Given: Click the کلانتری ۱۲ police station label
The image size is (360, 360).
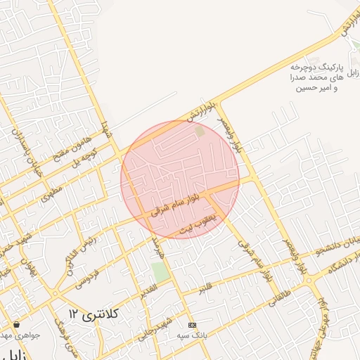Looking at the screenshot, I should pyautogui.click(x=91, y=312).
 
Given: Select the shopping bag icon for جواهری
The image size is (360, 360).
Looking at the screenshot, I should pyautogui.click(x=16, y=325).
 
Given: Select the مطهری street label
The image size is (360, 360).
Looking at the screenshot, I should pyautogui.click(x=51, y=191).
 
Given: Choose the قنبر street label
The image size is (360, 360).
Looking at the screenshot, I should pyautogui.click(x=205, y=287).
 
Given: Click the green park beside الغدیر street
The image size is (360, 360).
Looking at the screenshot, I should pyautogui.click(x=161, y=272).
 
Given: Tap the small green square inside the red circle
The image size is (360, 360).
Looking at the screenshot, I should pyautogui.click(x=200, y=131).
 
